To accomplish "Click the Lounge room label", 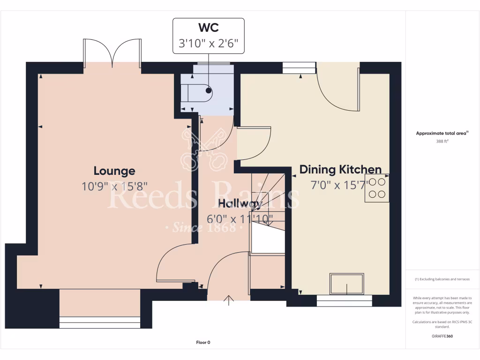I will pos(114,171).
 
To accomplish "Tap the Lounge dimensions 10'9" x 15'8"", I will pos(114,186).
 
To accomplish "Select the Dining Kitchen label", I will pos(340,169).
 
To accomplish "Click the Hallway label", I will pos(240,203).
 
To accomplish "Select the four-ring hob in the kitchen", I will pos(377,188).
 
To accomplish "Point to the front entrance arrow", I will pos(229,300).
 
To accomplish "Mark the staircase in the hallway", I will pos(268,211).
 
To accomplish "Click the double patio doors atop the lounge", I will pos(112,52).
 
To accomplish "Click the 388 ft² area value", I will pos(442,141).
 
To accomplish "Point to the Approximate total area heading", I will pos(442,133).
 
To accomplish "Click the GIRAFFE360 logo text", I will pos(442,336).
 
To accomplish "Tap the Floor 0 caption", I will pos(203,343).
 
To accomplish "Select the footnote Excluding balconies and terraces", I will pos(442,279).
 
